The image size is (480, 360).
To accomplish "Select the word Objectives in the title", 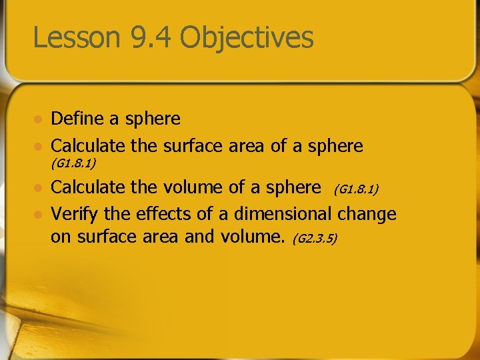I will pos(247,39).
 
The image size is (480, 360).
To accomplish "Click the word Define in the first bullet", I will pos(77,119).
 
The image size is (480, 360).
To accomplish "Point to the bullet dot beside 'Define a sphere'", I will pos(39,120).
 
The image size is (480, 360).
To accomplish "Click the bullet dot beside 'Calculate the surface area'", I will pos(39,146).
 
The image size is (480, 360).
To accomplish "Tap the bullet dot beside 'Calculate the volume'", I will pos(39,189).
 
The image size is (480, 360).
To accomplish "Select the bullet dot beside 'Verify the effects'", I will pos(39,215).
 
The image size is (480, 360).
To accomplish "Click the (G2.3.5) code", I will pos(315,238).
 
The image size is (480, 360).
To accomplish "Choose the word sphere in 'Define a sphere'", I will pos(152,119).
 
